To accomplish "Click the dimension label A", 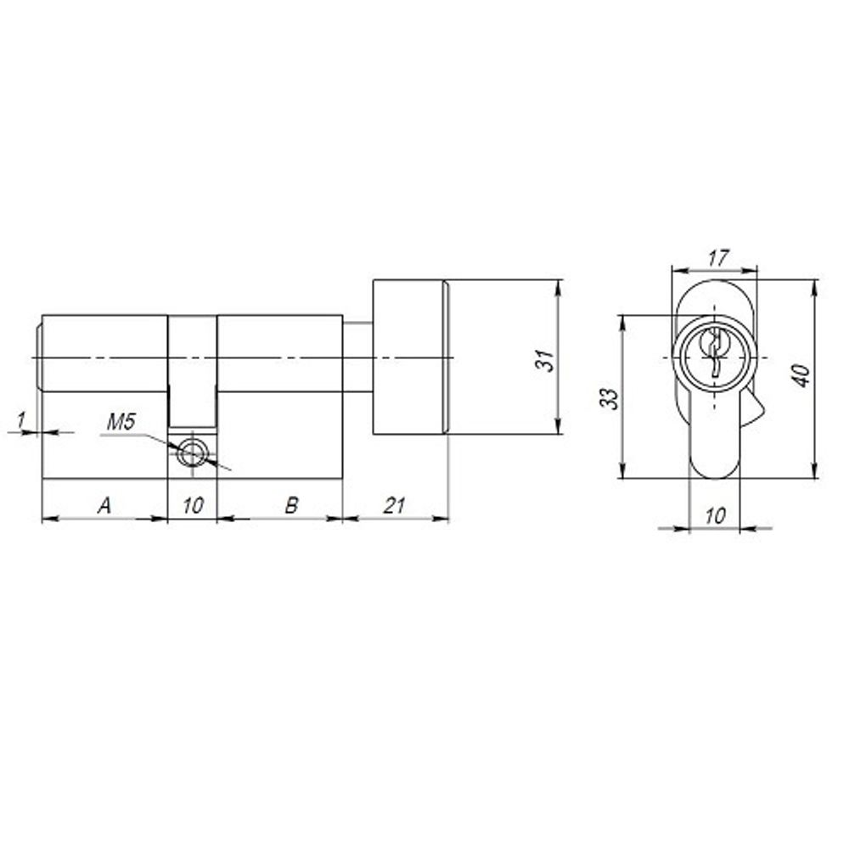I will pyautogui.click(x=104, y=505).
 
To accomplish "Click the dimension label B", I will pyautogui.click(x=291, y=505).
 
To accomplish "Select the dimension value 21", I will pyautogui.click(x=393, y=505).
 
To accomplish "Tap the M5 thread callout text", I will pyautogui.click(x=121, y=421).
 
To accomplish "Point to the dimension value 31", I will pyautogui.click(x=548, y=358).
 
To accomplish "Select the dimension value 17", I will pyautogui.click(x=717, y=257).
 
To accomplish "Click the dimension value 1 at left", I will pyautogui.click(x=22, y=419).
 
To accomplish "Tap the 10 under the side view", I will pyautogui.click(x=193, y=505).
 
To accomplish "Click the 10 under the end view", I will pyautogui.click(x=715, y=515).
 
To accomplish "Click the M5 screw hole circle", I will pyautogui.click(x=192, y=453).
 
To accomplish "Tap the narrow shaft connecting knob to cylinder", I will pyautogui.click(x=357, y=357).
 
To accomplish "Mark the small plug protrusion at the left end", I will pyautogui.click(x=39, y=356).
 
